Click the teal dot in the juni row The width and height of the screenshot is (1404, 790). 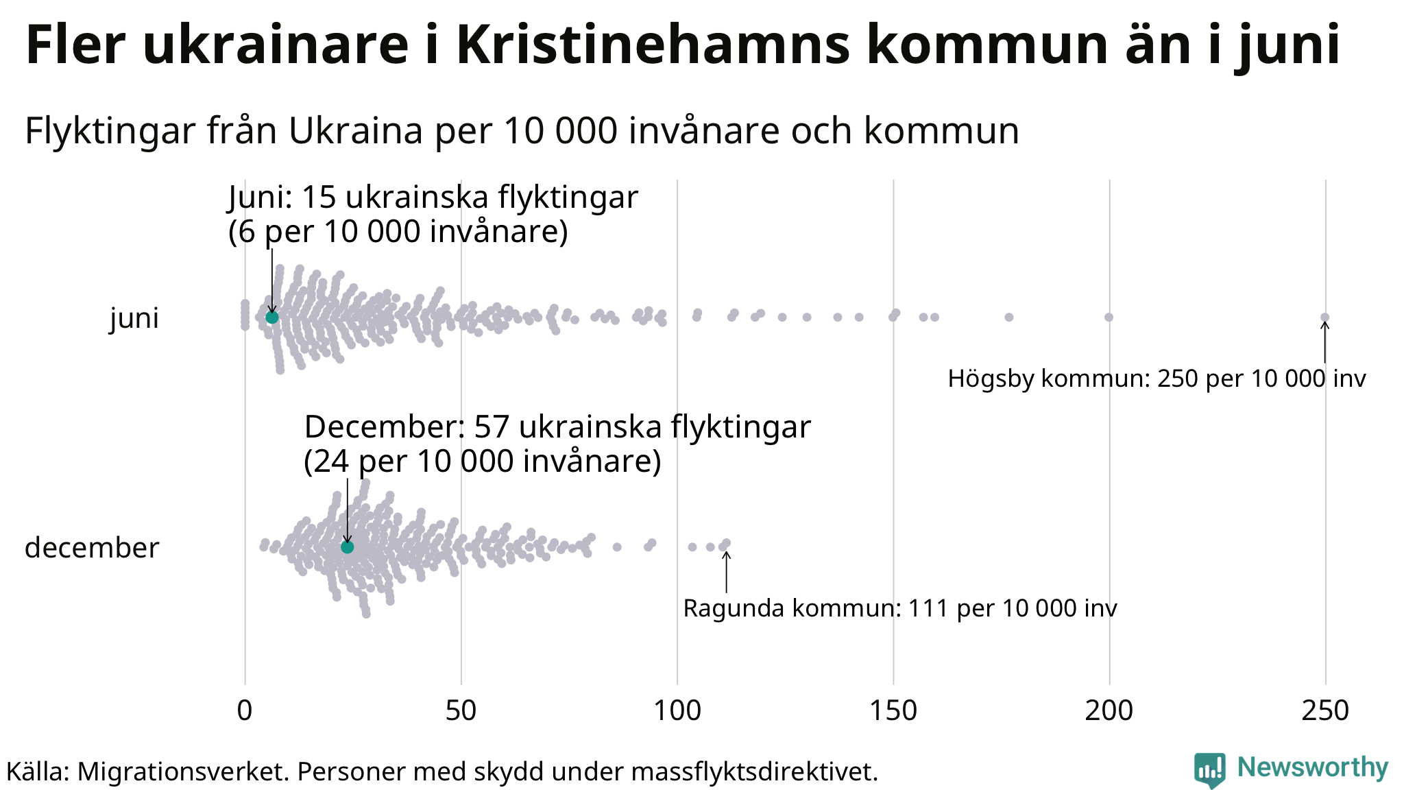point(272,318)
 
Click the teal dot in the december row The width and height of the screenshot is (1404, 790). point(348,547)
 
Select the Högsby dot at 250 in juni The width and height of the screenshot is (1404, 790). point(1325,317)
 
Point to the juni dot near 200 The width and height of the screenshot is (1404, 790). point(1109,317)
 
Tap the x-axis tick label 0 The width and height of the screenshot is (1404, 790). point(245,711)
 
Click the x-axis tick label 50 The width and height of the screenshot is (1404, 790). point(461,711)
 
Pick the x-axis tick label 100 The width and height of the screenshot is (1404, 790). point(677,711)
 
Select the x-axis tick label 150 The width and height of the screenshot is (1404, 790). point(893,711)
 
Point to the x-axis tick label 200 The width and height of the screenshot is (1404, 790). point(1109,711)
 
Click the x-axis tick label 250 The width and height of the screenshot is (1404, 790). point(1325,711)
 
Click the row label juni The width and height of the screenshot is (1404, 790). point(134,318)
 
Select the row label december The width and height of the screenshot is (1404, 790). point(92,548)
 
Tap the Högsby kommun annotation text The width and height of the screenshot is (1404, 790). point(1157,379)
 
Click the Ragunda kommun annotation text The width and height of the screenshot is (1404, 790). point(900,608)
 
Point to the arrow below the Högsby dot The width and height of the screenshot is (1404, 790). point(1325,343)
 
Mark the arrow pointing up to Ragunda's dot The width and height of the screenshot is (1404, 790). point(727,572)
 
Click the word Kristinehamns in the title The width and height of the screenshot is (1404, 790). point(652,45)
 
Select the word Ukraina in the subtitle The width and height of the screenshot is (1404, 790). point(355,130)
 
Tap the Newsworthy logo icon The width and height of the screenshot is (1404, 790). point(1209,769)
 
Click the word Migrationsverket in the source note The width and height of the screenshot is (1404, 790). point(184,771)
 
